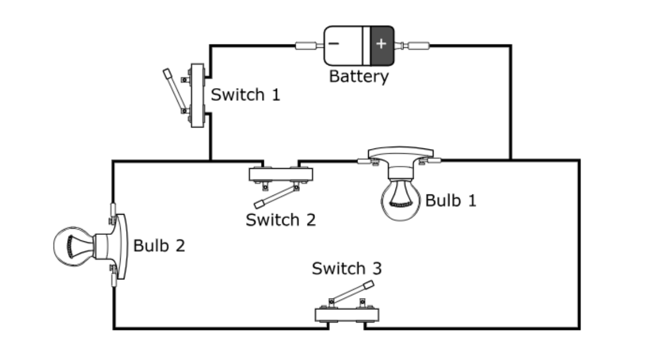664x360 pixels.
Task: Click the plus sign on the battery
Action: coord(381,44)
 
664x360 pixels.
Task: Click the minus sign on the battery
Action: coord(334,44)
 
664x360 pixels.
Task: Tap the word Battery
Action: coord(359,76)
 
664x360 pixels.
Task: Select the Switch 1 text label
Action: coord(246,95)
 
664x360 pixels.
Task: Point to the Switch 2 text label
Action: coord(281,220)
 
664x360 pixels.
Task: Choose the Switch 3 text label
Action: coord(347,268)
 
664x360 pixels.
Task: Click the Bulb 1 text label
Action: coord(450,200)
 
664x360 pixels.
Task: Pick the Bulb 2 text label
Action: coord(159,246)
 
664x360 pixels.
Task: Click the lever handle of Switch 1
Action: coord(175,90)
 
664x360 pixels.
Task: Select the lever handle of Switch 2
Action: coord(276,197)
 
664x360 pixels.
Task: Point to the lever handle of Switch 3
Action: coord(352,292)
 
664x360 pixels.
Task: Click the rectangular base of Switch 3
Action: coord(347,315)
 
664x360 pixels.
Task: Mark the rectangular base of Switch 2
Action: coord(281,174)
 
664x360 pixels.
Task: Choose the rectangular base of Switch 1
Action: coord(197,96)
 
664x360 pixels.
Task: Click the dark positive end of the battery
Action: coord(382,45)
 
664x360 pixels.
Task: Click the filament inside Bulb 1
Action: coord(400,205)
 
